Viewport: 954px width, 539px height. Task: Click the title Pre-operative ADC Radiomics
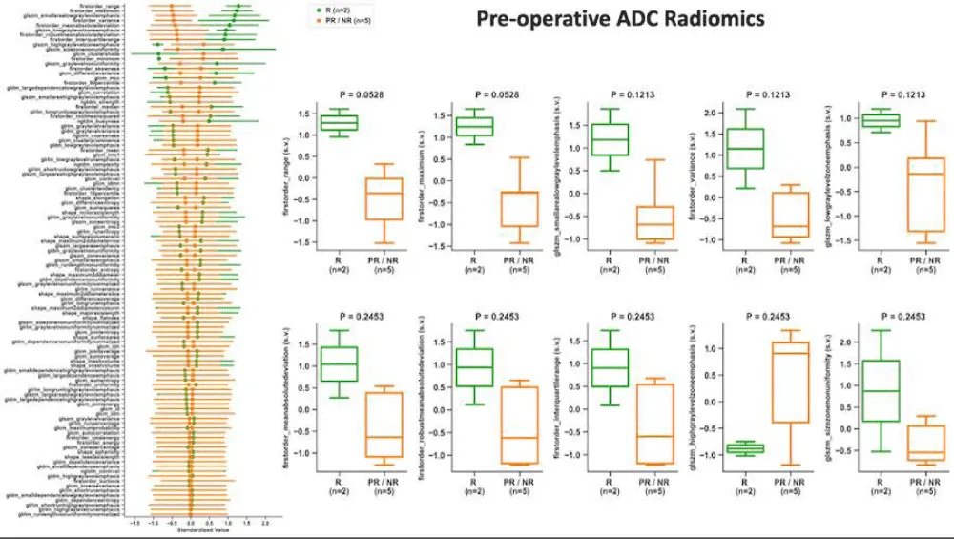619,18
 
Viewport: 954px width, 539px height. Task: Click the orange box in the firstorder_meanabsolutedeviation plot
384,423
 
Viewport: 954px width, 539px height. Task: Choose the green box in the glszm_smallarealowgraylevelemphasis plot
609,138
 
